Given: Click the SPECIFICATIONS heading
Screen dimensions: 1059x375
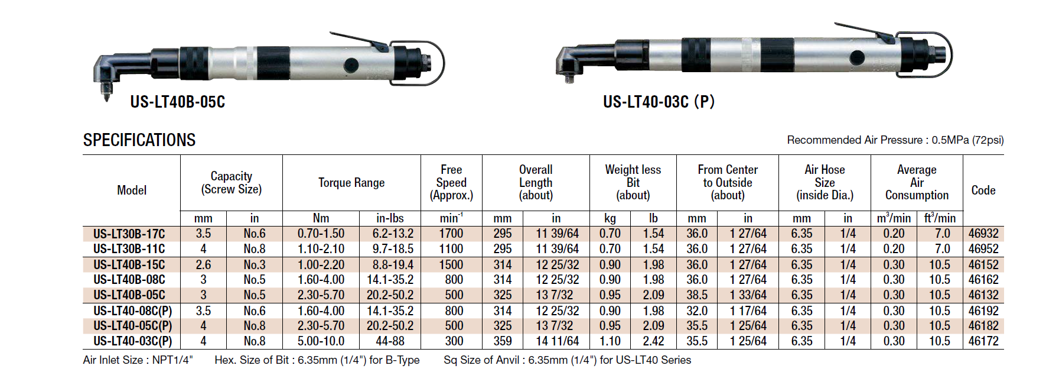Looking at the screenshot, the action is pos(139,140).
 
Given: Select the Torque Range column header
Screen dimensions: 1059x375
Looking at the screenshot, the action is pos(351,183).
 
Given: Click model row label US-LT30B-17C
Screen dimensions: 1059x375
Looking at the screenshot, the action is pos(129,234).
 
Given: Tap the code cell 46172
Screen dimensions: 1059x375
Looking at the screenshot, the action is pos(983,341).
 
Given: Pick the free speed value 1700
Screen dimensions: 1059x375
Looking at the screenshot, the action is pos(451,234).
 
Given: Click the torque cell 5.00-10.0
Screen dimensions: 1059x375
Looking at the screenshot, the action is pos(321,341).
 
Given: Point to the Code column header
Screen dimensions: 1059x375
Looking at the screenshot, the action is pos(983,190).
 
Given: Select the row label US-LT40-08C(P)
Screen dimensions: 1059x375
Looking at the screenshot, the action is pos(133,311).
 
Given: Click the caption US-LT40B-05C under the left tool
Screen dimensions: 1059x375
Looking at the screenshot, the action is pos(178,102).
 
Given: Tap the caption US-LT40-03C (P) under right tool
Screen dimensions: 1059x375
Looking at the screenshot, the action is pos(659,102).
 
